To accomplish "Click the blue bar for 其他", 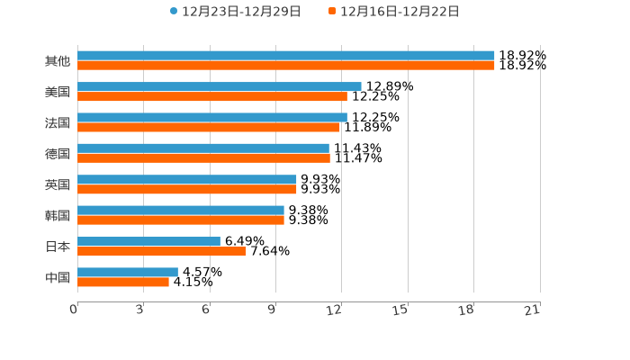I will point(286,56).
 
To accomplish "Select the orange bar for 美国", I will point(212,96).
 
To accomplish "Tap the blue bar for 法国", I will point(212,117).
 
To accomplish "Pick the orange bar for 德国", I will point(203,157).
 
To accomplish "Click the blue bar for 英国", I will point(187,179).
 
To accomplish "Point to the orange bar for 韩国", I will point(181,220).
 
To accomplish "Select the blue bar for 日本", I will point(148,241).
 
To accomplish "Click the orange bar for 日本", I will point(161,251).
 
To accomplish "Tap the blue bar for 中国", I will point(128,272).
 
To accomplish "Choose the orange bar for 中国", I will point(123,282).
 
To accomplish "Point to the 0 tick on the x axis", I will point(74,310).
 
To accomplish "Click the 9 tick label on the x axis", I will point(272,310).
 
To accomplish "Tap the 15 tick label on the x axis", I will point(401,310).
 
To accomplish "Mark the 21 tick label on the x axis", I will point(533,310).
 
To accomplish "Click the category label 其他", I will point(58,61).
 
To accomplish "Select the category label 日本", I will point(58,247).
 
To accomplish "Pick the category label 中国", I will point(58,277).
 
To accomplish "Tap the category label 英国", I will point(58,184).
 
